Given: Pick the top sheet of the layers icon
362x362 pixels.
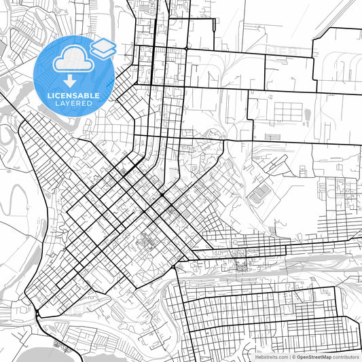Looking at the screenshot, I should point(103,44).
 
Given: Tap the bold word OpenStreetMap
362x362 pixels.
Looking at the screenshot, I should point(313,356).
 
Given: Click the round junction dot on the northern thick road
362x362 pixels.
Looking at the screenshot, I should point(185,49).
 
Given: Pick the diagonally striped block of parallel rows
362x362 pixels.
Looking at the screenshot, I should point(257,196).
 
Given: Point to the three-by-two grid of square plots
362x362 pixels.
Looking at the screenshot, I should point(282,110).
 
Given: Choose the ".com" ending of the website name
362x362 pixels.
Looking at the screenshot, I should point(283,356).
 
